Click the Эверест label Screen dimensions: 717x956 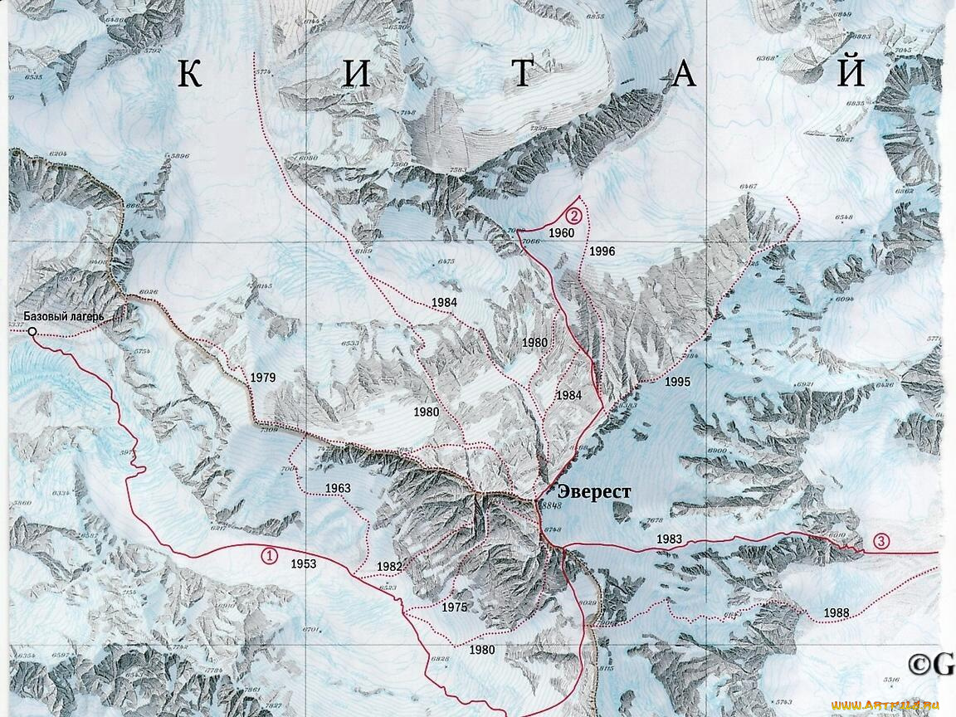(594, 492)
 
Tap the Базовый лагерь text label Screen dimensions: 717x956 (63, 316)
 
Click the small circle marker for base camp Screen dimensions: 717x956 (32, 332)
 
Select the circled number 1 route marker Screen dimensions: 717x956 (269, 556)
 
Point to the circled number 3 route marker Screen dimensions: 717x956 (881, 542)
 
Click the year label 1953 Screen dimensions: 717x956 (303, 563)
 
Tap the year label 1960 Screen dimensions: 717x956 (561, 233)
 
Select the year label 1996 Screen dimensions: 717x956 (602, 251)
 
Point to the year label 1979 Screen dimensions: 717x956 (262, 378)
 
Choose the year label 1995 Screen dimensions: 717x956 (677, 382)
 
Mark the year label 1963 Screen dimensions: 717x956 (338, 488)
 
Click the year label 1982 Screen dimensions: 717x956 (388, 567)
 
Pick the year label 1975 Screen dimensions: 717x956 (454, 607)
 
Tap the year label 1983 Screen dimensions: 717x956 (669, 539)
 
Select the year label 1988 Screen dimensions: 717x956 (836, 613)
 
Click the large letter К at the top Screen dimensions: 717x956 (189, 75)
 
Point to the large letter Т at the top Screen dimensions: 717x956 (520, 75)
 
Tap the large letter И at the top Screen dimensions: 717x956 (355, 75)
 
